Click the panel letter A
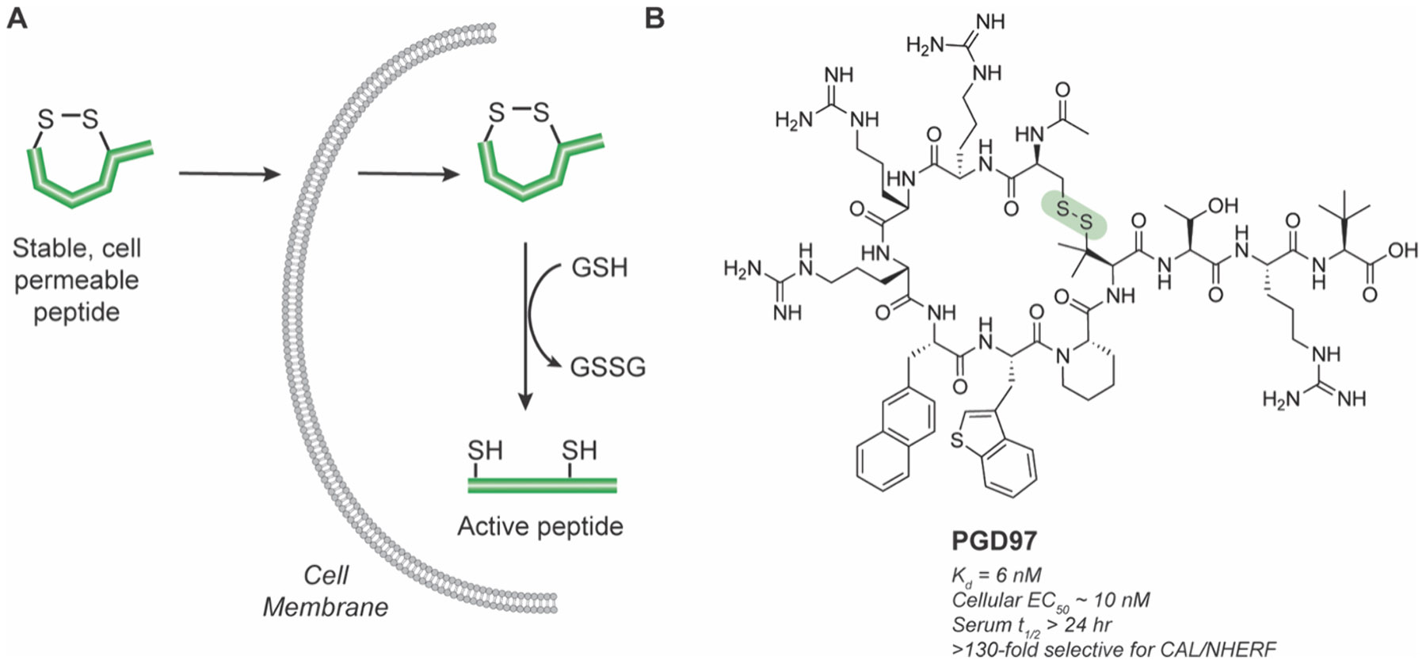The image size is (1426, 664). [17, 17]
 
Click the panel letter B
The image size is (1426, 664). [654, 17]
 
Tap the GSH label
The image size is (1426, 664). [599, 267]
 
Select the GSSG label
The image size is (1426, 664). [608, 367]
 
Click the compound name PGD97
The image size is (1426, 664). [993, 541]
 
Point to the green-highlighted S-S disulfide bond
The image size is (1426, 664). [1074, 215]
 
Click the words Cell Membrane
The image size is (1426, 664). [326, 591]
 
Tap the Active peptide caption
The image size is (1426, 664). [540, 526]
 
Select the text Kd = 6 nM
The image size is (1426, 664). [996, 574]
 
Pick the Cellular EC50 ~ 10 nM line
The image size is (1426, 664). [1050, 600]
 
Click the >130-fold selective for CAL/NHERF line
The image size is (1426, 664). [1114, 649]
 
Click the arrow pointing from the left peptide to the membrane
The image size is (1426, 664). [229, 173]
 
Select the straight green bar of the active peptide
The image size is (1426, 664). [542, 485]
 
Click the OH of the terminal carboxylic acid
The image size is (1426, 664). [1401, 250]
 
